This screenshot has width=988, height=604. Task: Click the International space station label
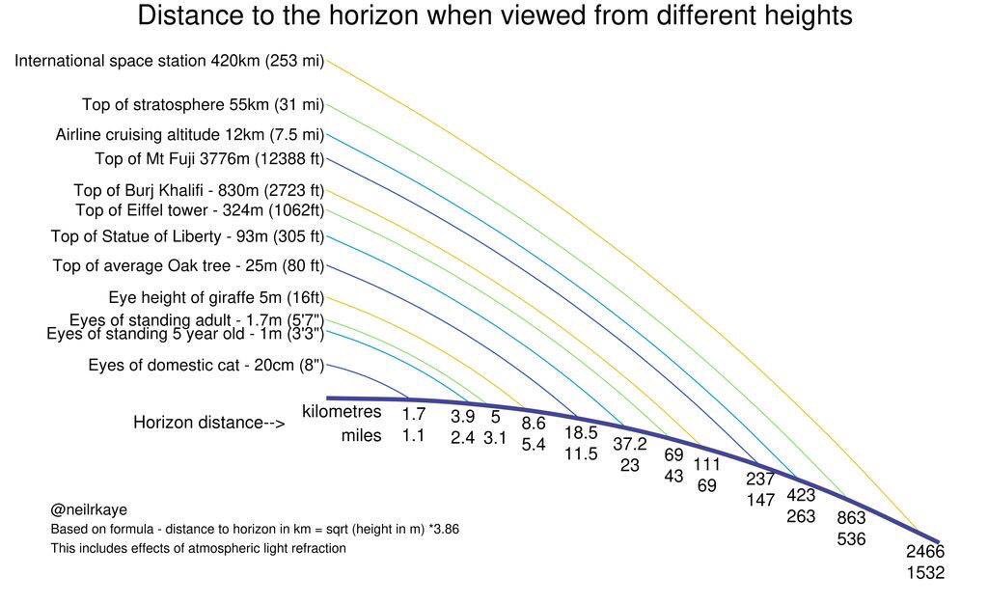(x=169, y=61)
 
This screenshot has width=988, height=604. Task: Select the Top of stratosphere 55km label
(x=203, y=105)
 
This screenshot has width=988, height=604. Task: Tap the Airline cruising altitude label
(x=189, y=135)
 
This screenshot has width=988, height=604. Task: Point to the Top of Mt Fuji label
(x=209, y=159)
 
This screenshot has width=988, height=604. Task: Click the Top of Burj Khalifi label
(x=199, y=190)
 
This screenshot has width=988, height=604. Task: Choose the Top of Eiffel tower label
(x=200, y=210)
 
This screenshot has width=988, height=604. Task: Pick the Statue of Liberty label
(x=187, y=236)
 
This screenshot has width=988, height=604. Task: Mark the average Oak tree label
(x=188, y=265)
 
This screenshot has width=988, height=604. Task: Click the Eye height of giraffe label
(x=216, y=297)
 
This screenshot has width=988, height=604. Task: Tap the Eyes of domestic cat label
(x=206, y=365)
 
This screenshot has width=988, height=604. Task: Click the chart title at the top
(x=495, y=16)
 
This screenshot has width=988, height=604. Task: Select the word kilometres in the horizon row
(x=342, y=412)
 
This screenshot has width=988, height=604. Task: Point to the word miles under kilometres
(x=361, y=436)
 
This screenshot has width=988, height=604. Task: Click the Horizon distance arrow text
(x=208, y=423)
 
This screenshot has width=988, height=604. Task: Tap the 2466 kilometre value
(x=924, y=552)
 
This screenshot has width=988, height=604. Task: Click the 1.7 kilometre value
(x=414, y=415)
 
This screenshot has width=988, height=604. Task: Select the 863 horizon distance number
(x=851, y=518)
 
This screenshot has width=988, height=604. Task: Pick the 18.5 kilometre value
(x=581, y=433)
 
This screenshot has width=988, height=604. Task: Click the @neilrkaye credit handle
(x=89, y=509)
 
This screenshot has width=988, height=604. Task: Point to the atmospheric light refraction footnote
(x=198, y=548)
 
